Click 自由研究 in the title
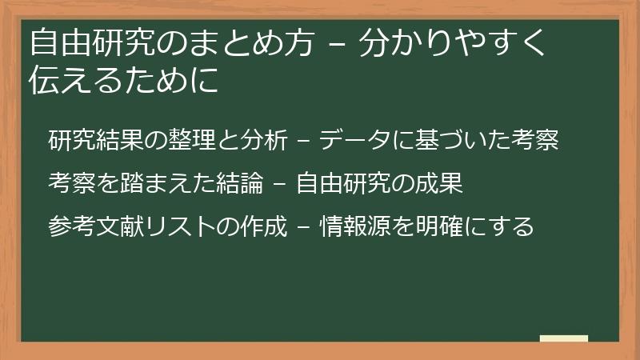pos(93,42)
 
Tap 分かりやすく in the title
pos(452,42)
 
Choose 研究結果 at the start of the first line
pos(96,139)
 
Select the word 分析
pos(264,139)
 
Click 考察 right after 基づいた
pos(534,139)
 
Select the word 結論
pos(239,183)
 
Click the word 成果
pos(438,183)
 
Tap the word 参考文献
pos(96,226)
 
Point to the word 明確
pos(438,226)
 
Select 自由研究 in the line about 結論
pos(343,183)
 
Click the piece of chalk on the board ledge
pos(564,338)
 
